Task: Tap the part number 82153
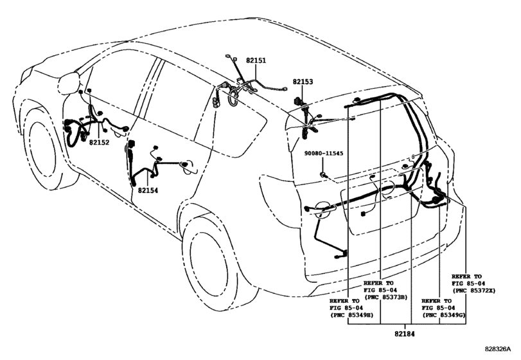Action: click(303, 82)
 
